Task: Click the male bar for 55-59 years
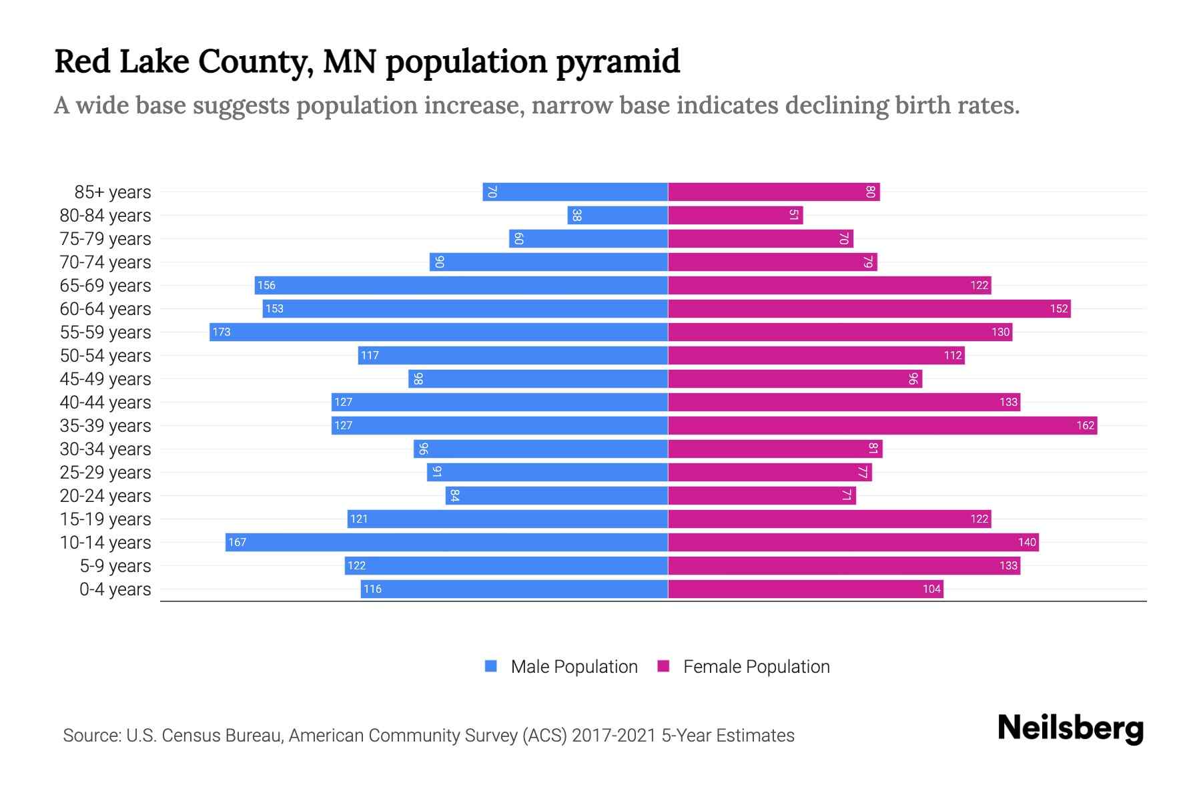tap(438, 332)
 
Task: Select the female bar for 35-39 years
tap(882, 425)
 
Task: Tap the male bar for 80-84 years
tap(618, 215)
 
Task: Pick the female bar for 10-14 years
tap(853, 542)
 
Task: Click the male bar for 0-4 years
tap(514, 589)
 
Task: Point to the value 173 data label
tap(222, 332)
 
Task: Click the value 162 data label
tap(1085, 425)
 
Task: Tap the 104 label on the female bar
tap(931, 589)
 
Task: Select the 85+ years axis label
tap(113, 192)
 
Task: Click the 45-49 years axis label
tap(105, 379)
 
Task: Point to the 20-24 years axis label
tap(105, 496)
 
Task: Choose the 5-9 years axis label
tap(115, 566)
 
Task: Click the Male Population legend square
tap(491, 666)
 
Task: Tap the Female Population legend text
tap(756, 667)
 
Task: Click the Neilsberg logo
tap(1070, 728)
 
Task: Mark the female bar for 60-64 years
tap(869, 308)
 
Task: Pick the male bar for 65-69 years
tap(461, 285)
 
